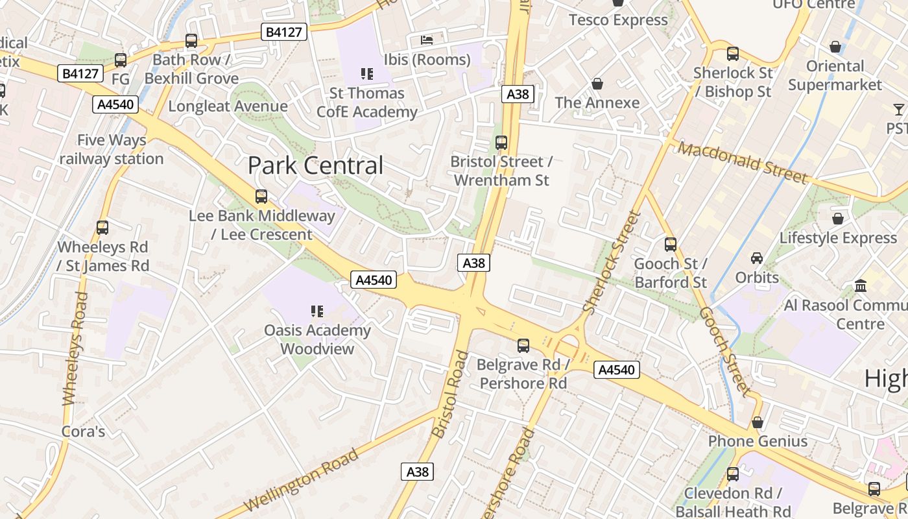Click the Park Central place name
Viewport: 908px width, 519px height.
tap(315, 165)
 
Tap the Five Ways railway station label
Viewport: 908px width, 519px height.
tap(111, 149)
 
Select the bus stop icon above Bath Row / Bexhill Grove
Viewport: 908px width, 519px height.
tap(191, 41)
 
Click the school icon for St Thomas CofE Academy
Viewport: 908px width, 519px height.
tap(367, 74)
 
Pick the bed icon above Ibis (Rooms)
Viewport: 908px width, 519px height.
tap(427, 40)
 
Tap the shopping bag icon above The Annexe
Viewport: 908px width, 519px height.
tap(597, 84)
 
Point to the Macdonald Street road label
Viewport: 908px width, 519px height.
tap(743, 162)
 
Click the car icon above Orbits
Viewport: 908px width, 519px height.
tap(757, 258)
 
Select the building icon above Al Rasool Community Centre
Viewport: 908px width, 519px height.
tap(861, 285)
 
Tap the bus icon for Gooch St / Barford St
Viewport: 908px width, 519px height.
tap(671, 245)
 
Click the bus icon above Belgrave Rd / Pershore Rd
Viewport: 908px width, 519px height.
tap(523, 346)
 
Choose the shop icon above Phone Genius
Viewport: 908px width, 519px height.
tap(758, 422)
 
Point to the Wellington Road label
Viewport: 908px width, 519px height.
tap(301, 480)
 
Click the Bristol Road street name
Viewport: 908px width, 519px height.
tap(449, 394)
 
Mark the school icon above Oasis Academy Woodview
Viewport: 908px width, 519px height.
tap(317, 311)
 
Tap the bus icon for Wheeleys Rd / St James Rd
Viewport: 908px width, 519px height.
tap(102, 228)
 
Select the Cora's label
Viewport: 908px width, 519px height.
tap(83, 431)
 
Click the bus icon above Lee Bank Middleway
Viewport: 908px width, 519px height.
tap(261, 197)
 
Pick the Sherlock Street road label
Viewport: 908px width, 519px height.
tap(612, 262)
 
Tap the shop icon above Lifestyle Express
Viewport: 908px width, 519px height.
tap(838, 219)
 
